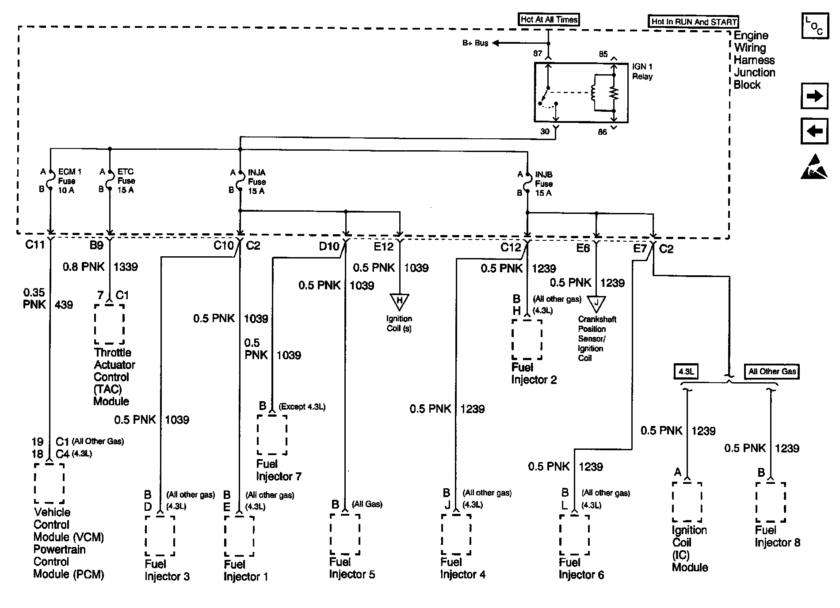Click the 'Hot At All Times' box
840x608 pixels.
click(549, 19)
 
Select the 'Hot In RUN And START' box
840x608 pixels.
click(694, 22)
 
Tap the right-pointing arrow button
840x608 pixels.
click(814, 96)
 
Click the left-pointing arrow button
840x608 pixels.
click(814, 131)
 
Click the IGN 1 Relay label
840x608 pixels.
click(642, 71)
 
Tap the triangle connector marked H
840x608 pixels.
click(400, 302)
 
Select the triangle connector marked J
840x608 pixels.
click(596, 303)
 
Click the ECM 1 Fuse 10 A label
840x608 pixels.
click(69, 181)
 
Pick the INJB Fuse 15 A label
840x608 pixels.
click(543, 184)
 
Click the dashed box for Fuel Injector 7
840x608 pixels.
click(272, 434)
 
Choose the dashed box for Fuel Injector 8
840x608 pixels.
click(771, 502)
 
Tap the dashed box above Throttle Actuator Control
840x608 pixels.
click(109, 323)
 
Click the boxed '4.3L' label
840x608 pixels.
click(686, 372)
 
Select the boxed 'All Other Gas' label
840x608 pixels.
click(772, 372)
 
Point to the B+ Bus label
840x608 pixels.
click(475, 43)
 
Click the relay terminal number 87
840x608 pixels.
click(537, 53)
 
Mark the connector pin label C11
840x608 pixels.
click(35, 244)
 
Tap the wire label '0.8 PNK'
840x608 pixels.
click(84, 267)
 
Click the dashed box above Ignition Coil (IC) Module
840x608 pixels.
click(687, 502)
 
